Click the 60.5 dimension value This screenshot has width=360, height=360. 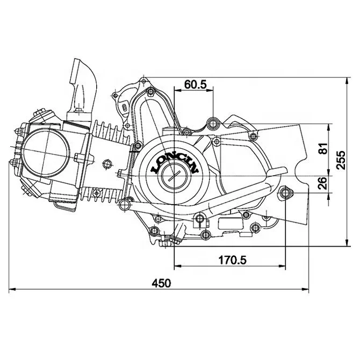[x=196, y=84]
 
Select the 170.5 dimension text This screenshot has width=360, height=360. [x=232, y=260]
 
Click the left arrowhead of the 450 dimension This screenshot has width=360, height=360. [x=11, y=290]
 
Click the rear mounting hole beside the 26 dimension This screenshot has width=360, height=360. [x=285, y=192]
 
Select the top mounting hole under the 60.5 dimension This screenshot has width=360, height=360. [x=213, y=125]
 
